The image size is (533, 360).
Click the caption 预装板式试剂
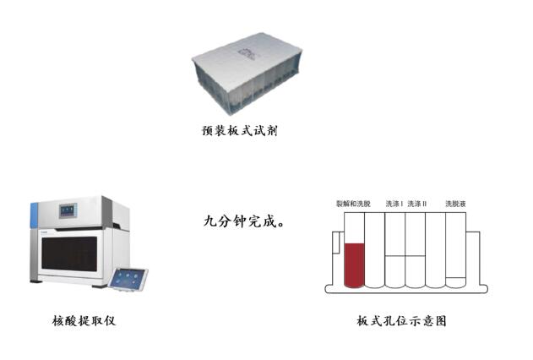coord(240,130)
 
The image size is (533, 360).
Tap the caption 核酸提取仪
coord(84,320)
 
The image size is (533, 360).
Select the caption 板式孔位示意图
coord(401,320)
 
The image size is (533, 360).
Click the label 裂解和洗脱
coord(353,204)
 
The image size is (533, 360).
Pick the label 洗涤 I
coord(394,204)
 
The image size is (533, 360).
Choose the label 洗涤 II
coord(416,204)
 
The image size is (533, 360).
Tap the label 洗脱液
coord(455,204)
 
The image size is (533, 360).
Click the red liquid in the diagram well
coord(354,265)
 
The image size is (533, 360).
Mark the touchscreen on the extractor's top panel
coord(68,210)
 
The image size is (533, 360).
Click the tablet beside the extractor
coord(129,280)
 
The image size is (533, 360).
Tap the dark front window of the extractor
coord(69,254)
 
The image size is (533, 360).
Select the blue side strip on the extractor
coord(35,215)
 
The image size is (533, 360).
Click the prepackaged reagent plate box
coord(247,73)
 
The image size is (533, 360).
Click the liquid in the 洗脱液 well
coord(455,282)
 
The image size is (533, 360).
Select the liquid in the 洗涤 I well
coord(395,271)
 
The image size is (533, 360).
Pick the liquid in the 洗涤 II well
coord(415,271)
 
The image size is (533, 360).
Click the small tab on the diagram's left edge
coord(336,243)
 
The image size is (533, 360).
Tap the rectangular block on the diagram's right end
coord(473,259)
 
